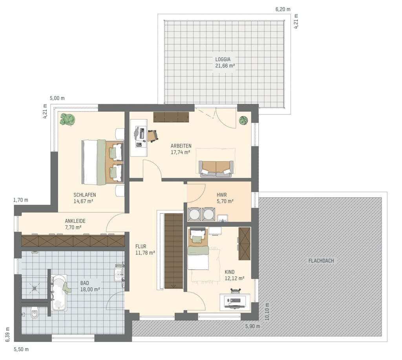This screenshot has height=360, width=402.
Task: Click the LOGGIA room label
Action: pos(223,59)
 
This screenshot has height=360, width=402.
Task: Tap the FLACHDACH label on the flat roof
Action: pos(321,261)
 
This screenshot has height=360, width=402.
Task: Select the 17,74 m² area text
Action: pos(180,152)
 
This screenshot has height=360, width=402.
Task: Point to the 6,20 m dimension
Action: pos(283,9)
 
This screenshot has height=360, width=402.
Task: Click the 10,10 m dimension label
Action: pos(267,312)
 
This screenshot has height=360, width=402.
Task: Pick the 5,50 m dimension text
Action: pos(21,349)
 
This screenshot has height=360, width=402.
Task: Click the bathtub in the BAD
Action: pos(59,293)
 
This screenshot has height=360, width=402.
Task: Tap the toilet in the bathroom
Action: pos(35,313)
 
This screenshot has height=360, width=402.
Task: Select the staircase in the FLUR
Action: pos(174,251)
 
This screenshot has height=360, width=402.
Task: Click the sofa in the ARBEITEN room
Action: pos(216,169)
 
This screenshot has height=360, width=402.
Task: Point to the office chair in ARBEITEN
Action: pos(152,136)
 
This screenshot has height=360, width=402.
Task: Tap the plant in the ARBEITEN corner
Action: pos(243,120)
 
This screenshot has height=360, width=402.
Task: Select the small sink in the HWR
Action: pos(223,218)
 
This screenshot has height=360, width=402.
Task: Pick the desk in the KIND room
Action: pos(235,302)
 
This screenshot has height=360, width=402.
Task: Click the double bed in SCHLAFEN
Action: pos(103,162)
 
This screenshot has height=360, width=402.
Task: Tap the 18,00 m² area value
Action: pos(90,289)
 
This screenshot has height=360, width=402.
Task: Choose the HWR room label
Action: pos(221,195)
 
